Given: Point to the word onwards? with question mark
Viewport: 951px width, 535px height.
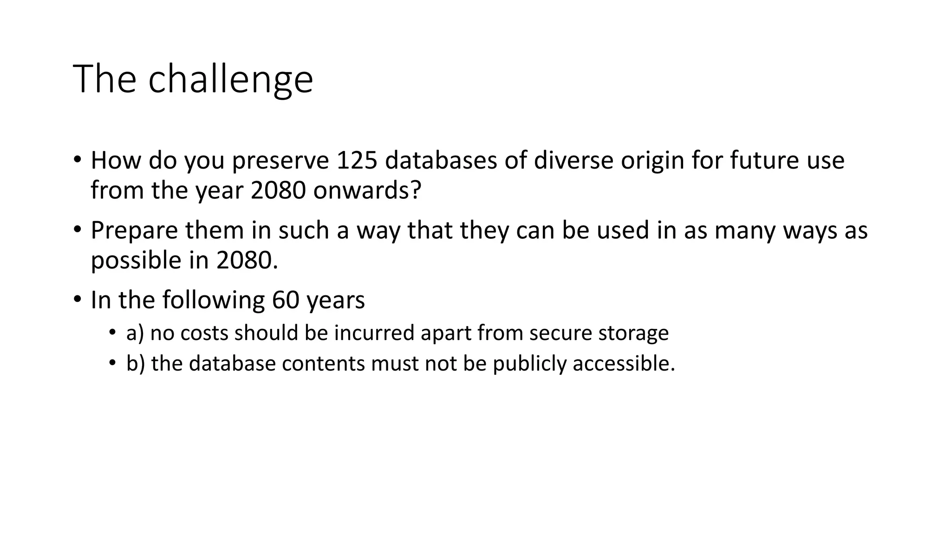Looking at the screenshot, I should (367, 190).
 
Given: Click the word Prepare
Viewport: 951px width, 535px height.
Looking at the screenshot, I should (134, 231).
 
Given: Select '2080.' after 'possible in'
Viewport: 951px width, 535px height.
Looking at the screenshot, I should (247, 261).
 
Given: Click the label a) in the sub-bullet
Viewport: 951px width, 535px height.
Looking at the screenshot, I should (135, 333).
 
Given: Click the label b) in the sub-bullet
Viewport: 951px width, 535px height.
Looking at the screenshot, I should (136, 363).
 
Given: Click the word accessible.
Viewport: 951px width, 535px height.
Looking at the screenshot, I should (624, 363).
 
